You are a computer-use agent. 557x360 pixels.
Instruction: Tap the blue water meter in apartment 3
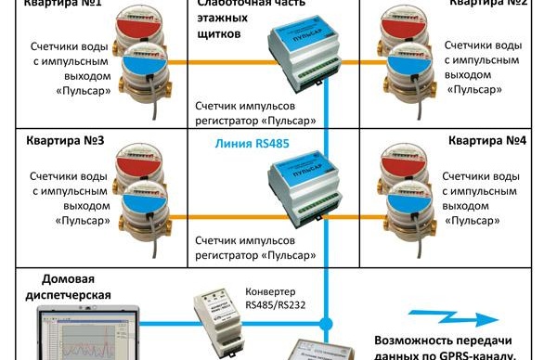click(140, 208)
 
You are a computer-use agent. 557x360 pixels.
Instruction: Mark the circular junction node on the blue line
click(326, 325)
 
